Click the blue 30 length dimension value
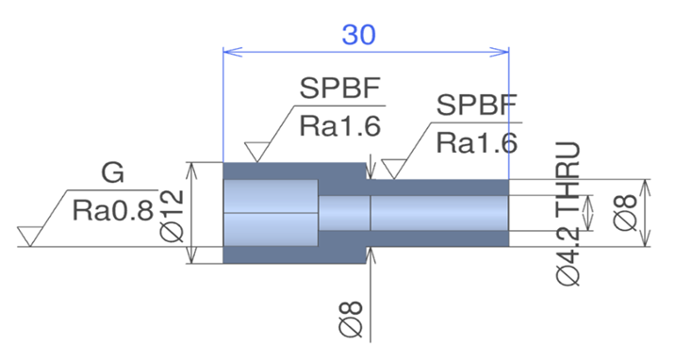[x=358, y=35]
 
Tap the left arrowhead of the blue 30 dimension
[x=233, y=52]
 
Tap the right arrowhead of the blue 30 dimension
[x=500, y=52]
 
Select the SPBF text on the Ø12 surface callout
[x=340, y=89]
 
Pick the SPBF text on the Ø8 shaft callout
[x=477, y=105]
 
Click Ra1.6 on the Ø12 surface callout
[x=340, y=126]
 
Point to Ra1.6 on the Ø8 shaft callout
[x=477, y=143]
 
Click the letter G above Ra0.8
[x=113, y=172]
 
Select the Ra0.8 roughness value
[x=113, y=211]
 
